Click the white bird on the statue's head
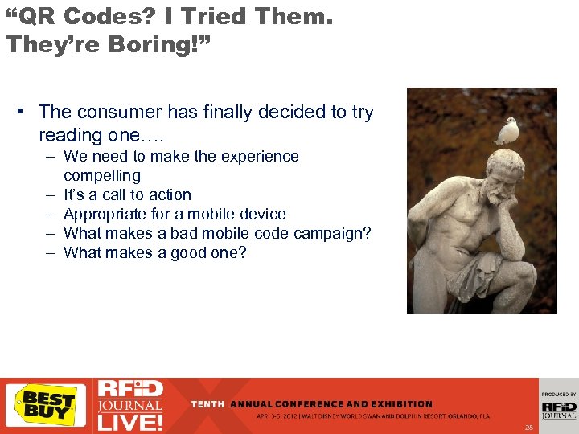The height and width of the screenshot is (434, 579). pos(507,130)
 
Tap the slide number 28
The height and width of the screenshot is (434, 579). pos(528,427)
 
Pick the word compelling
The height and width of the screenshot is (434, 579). pos(102,175)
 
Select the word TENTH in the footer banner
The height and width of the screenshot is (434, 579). pos(208,403)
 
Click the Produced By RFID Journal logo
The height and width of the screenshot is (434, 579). pos(558,405)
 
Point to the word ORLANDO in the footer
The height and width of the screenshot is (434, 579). pos(461,416)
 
